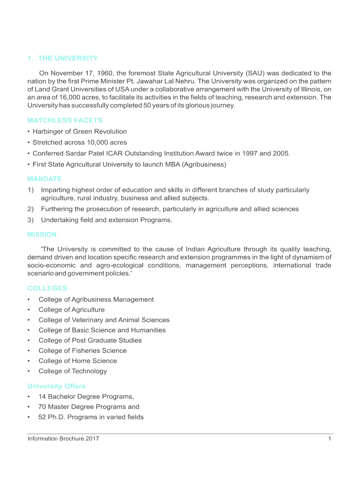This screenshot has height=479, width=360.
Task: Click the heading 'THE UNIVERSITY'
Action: tap(68, 58)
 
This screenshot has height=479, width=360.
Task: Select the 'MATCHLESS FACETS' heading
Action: tap(65, 120)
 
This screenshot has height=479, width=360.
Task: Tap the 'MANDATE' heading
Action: tap(44, 179)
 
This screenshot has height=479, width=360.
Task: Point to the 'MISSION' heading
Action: tap(42, 234)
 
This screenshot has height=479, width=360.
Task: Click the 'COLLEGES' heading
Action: tap(47, 288)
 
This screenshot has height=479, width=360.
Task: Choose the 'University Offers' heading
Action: tap(57, 386)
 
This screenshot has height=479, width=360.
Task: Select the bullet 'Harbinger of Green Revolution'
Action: tap(79, 131)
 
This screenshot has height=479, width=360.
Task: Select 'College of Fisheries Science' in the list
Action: tap(82, 350)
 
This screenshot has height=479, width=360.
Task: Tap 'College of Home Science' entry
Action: tap(78, 361)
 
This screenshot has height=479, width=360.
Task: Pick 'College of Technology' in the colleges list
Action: tap(72, 371)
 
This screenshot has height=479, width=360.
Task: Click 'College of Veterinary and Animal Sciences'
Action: tap(104, 320)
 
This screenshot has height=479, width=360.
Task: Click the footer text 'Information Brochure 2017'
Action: tap(63, 439)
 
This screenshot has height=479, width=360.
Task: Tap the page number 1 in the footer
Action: tap(330, 439)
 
